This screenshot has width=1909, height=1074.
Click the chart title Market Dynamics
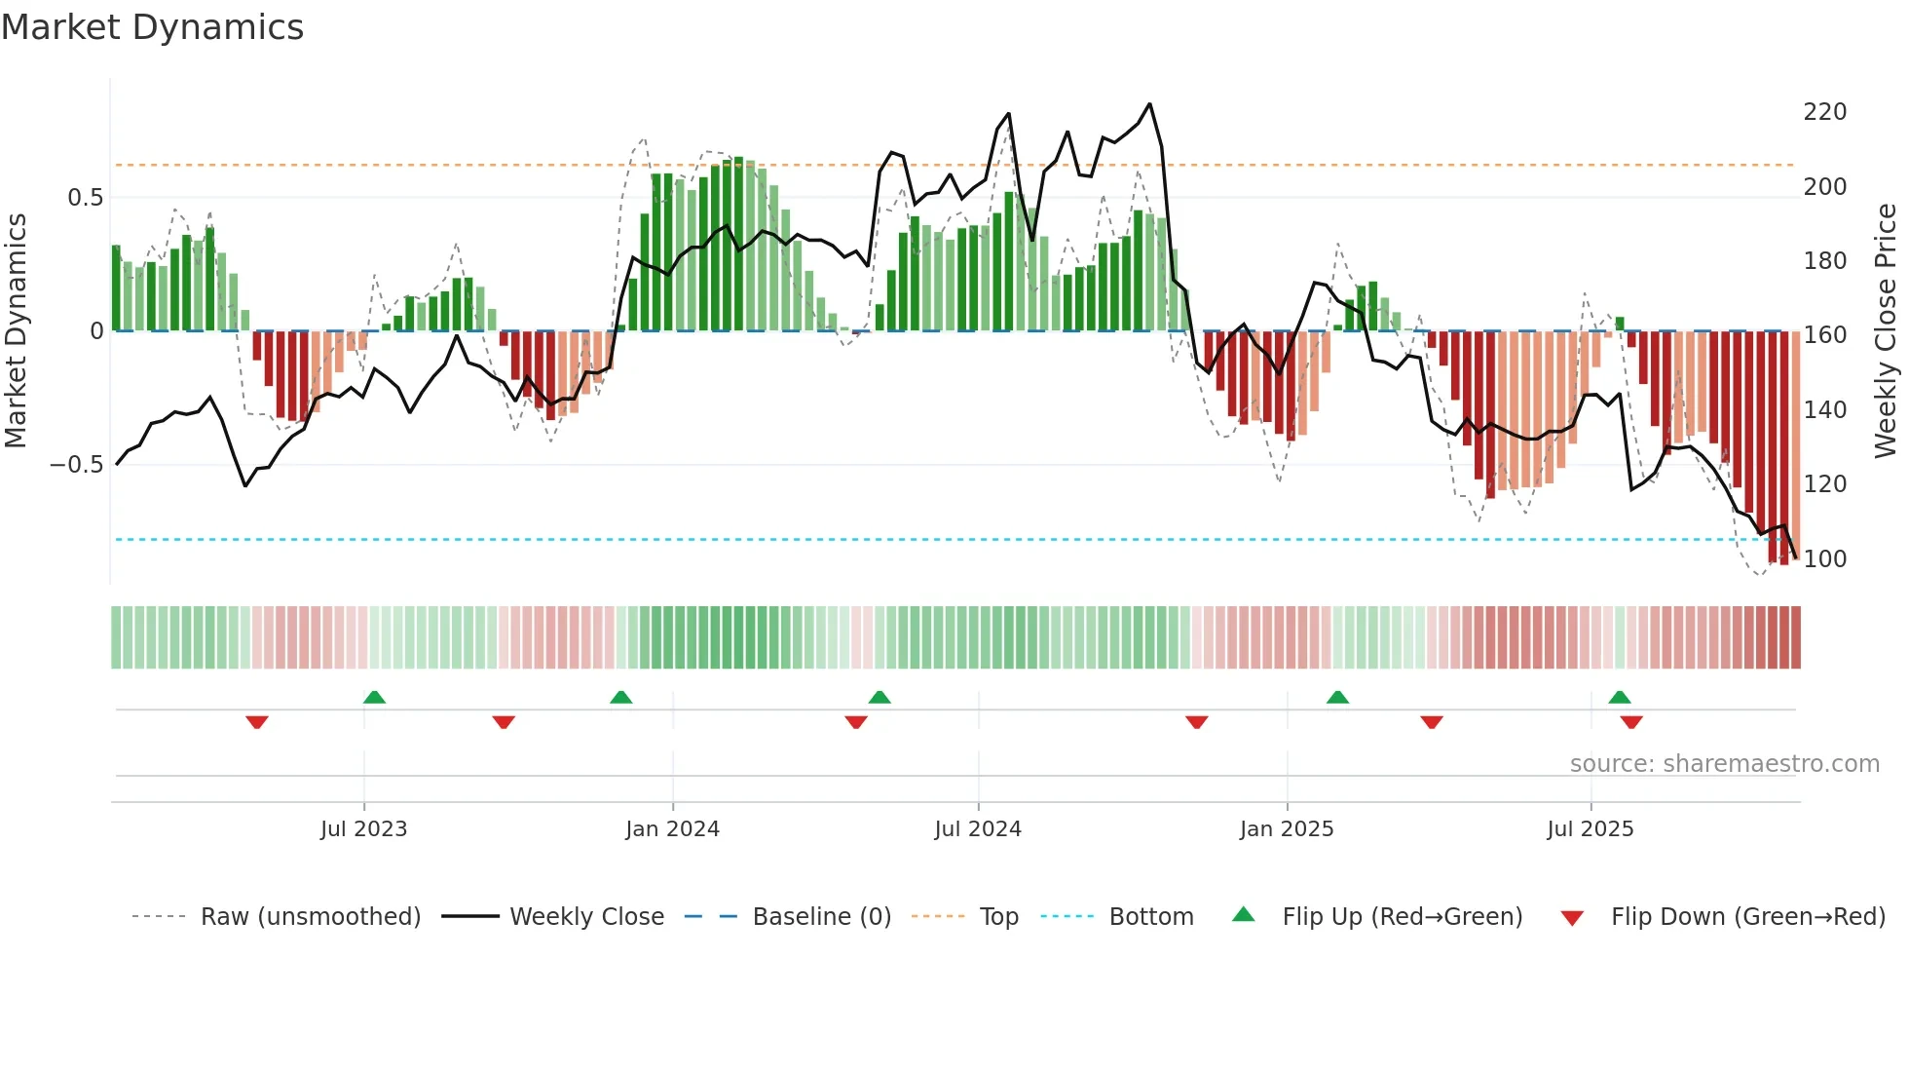point(152,27)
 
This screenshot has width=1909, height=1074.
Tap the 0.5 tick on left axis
point(85,198)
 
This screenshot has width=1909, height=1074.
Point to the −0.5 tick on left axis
point(76,465)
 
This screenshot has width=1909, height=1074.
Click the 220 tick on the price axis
point(1824,112)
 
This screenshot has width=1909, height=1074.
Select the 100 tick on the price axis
point(1824,559)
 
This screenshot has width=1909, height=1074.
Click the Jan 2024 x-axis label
point(672,829)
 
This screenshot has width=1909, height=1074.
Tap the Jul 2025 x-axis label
point(1590,829)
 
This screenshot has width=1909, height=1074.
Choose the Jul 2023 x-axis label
point(363,829)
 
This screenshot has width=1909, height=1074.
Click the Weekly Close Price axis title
point(1886,330)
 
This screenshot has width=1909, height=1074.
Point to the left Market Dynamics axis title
point(16,330)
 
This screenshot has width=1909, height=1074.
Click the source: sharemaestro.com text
point(1724,764)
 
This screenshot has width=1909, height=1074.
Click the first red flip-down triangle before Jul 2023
point(257,722)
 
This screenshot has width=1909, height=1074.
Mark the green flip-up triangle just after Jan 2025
point(1337,697)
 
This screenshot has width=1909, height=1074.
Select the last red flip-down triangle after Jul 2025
point(1631,722)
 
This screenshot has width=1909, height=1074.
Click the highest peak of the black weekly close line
point(1150,104)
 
